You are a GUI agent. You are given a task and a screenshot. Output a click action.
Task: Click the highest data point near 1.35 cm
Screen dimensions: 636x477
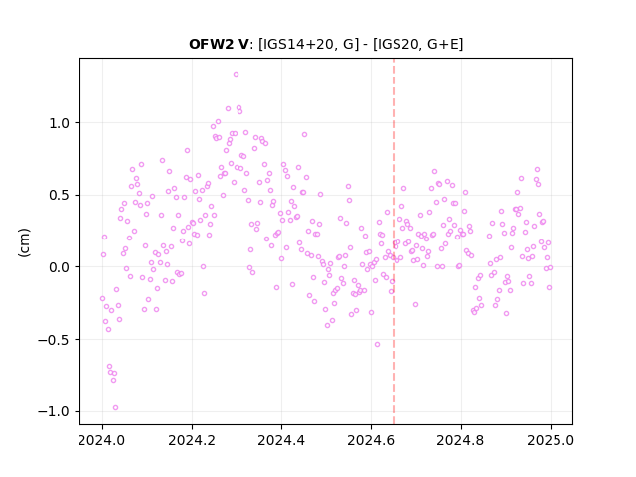click(x=236, y=75)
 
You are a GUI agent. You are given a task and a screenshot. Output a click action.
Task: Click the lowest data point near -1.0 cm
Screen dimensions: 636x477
click(x=115, y=408)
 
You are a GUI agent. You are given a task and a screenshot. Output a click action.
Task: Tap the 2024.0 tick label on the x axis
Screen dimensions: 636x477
click(x=102, y=440)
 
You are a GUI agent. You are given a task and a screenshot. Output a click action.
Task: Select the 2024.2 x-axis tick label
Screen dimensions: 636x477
click(x=192, y=440)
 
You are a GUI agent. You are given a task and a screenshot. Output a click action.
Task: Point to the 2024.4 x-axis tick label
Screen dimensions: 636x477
click(x=281, y=440)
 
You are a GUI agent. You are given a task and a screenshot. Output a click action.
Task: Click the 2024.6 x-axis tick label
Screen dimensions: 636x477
click(x=371, y=440)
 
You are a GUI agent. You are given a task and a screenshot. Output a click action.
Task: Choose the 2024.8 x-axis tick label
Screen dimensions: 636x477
click(x=460, y=440)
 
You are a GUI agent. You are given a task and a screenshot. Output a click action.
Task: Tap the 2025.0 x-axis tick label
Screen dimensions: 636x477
click(x=551, y=440)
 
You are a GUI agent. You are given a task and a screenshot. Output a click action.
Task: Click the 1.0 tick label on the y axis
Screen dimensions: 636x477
click(x=60, y=123)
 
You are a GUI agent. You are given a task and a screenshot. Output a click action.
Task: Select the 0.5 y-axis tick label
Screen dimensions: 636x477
click(x=60, y=195)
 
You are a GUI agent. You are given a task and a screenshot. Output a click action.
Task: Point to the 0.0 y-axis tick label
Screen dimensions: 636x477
click(x=60, y=267)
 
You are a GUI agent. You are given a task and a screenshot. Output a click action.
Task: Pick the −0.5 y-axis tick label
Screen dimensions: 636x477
click(x=54, y=340)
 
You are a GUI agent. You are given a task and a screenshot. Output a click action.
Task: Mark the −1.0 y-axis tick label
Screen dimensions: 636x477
click(x=54, y=411)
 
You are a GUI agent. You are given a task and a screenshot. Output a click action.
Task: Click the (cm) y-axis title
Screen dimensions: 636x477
click(x=24, y=242)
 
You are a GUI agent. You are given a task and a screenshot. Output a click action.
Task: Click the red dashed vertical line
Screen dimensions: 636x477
click(x=394, y=241)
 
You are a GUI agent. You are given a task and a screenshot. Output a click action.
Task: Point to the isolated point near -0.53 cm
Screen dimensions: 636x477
click(x=377, y=345)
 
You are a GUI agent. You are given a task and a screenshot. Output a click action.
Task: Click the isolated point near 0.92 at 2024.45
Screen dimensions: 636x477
click(x=305, y=135)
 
